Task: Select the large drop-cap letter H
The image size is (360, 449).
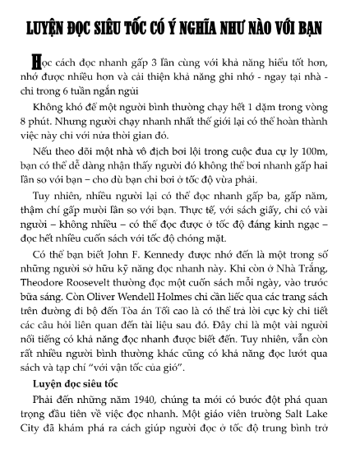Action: point(34,62)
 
